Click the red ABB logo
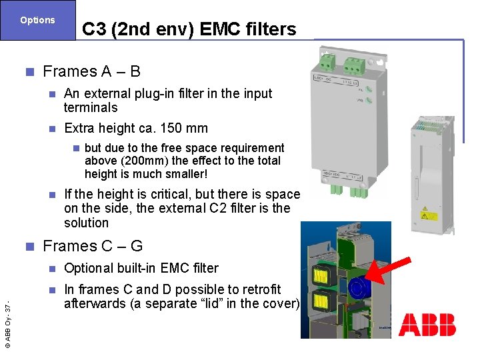click(x=427, y=325)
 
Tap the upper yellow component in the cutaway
click(x=321, y=275)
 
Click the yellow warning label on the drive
click(x=427, y=215)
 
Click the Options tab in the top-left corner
click(x=37, y=20)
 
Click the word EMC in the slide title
click(x=204, y=29)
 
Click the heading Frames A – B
click(x=91, y=71)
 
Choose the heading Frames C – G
click(x=93, y=246)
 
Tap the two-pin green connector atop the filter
click(x=328, y=62)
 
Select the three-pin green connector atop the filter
click(x=354, y=64)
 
